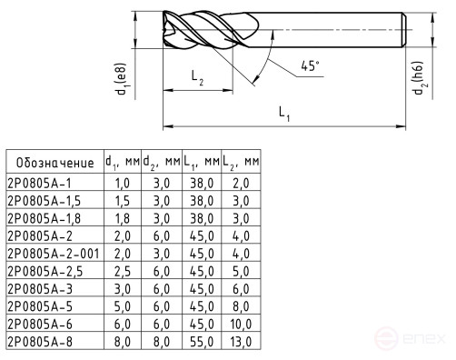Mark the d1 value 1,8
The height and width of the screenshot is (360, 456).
[121, 217]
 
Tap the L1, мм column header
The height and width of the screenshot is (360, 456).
[202, 163]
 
